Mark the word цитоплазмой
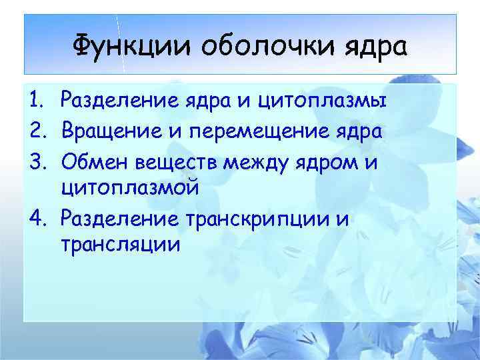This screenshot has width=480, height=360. click(x=129, y=189)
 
